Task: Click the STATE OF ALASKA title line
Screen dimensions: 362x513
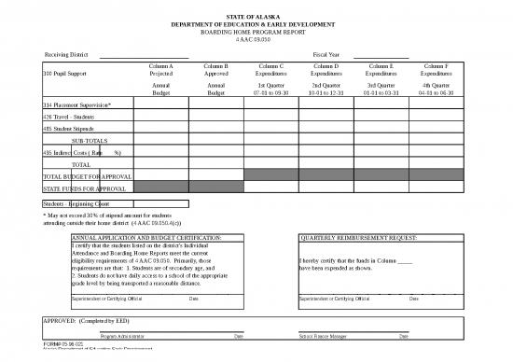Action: click(255, 17)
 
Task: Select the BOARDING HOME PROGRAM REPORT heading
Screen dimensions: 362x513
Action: click(255, 32)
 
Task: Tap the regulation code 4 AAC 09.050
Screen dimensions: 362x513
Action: click(255, 39)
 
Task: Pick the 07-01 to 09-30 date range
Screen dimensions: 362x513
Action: click(270, 93)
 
